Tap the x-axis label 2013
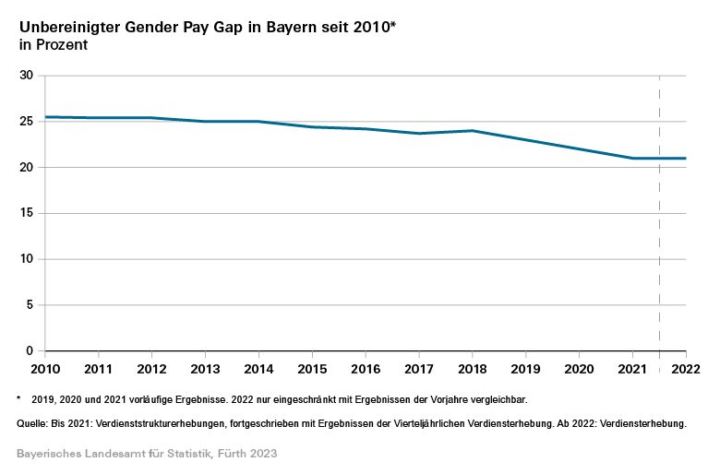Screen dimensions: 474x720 pos(205,369)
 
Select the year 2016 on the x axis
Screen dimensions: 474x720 pos(366,369)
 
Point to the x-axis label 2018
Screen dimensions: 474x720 pos(473,369)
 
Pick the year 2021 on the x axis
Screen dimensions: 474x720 pos(633,369)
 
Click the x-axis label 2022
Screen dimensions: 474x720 pos(686,369)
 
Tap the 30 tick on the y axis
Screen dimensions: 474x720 pos(26,75)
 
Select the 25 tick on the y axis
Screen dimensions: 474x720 pos(26,121)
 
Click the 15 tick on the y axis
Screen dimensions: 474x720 pos(26,213)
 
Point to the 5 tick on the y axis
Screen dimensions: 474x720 pos(30,305)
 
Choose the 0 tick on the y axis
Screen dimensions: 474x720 pos(30,351)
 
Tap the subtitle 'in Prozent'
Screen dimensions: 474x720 pos(53,45)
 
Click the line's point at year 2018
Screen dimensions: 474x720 pos(473,131)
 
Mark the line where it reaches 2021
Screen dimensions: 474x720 pos(633,158)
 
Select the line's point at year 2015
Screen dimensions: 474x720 pos(312,126)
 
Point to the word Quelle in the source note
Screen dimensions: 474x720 pos(34,423)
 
